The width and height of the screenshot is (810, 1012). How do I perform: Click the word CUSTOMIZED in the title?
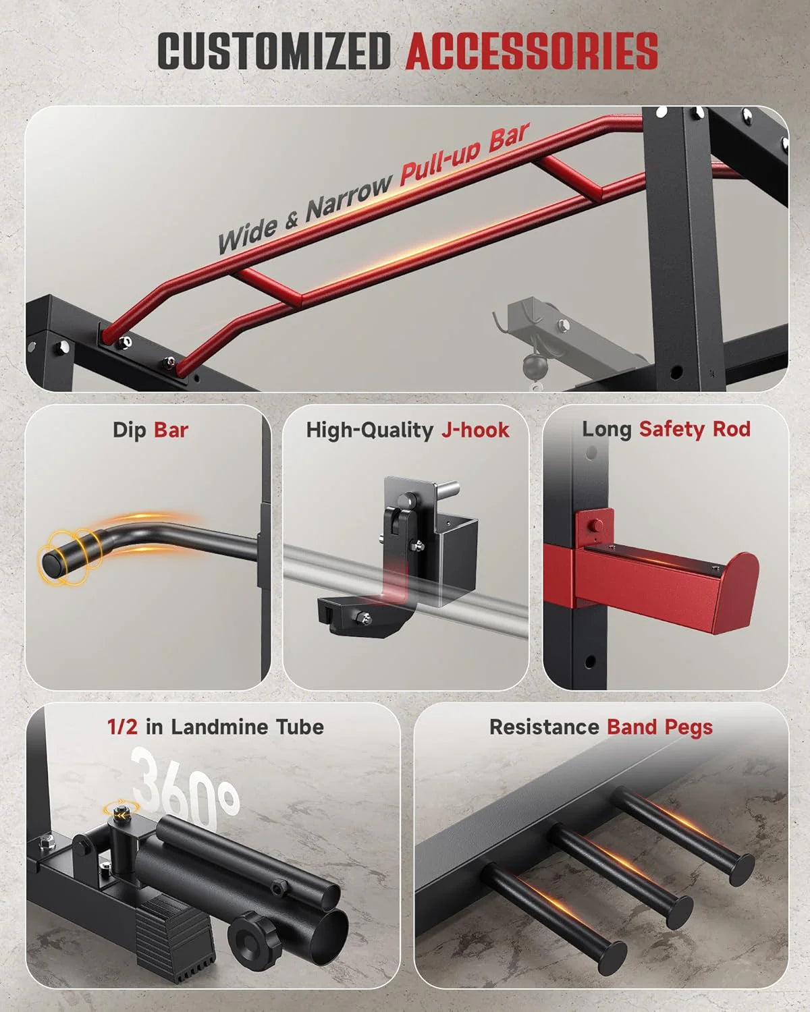pos(274,51)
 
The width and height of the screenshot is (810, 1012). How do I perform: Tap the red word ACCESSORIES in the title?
pos(531,51)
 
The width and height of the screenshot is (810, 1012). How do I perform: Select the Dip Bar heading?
pos(151,430)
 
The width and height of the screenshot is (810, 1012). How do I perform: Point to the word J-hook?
pos(475,430)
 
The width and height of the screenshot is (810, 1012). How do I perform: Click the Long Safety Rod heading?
pos(666,429)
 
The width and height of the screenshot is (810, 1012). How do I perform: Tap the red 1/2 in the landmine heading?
pos(122,727)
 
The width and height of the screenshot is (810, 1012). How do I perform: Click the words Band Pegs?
pos(660,727)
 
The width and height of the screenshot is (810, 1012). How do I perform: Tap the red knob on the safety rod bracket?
pos(596,525)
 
